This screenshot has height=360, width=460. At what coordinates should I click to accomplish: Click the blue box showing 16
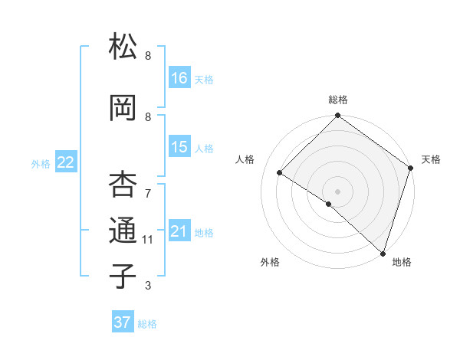point(179,77)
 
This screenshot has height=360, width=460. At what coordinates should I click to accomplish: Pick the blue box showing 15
point(179,147)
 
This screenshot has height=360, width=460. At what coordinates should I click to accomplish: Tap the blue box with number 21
point(179,231)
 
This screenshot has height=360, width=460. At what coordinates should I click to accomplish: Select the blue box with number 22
point(66,162)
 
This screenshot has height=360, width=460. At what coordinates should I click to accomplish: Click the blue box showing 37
point(123,322)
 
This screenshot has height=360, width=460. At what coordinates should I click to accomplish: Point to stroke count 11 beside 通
point(148,240)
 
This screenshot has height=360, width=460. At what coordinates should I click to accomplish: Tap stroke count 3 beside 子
point(148,286)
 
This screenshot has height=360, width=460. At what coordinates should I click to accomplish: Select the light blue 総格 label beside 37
point(147,324)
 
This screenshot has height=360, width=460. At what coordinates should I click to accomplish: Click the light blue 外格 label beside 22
point(41,163)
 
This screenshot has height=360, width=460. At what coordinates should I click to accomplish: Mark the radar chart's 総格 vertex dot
point(337,116)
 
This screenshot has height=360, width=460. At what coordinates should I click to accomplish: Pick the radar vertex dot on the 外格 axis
point(329,204)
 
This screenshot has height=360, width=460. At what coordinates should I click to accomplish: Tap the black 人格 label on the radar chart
point(245,159)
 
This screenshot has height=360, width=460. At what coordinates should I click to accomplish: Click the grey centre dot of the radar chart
point(337,191)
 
